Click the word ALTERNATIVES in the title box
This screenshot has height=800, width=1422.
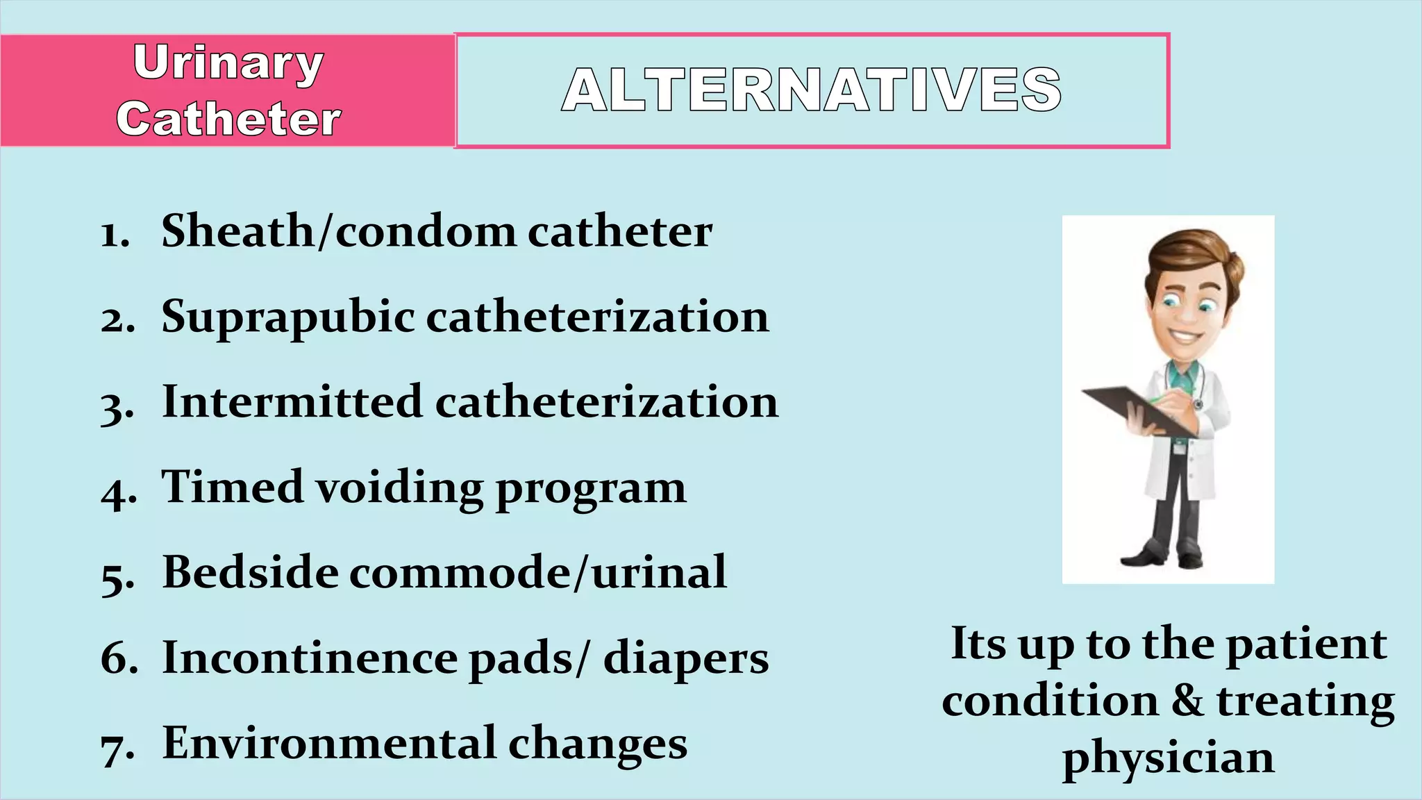[812, 90]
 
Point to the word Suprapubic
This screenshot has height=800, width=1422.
[287, 318]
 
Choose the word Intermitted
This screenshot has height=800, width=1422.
[292, 402]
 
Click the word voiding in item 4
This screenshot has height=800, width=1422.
[399, 487]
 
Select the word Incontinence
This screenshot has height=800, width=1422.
[310, 658]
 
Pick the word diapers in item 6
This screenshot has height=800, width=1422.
[686, 659]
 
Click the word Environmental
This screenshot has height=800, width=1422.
[329, 743]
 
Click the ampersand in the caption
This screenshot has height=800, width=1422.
[1187, 701]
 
